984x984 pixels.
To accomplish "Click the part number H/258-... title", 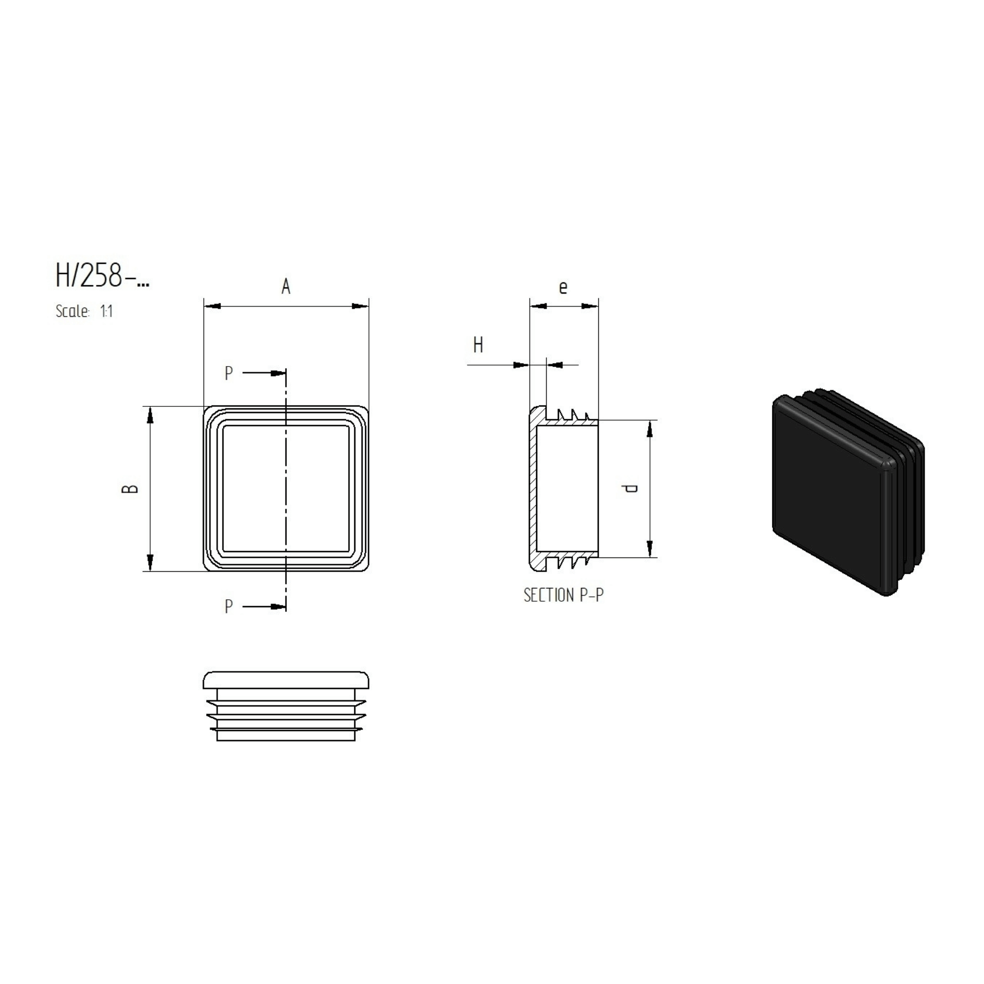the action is click(x=102, y=276).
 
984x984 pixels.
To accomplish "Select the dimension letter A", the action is click(x=286, y=287).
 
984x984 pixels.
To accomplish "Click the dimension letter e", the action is click(x=563, y=288).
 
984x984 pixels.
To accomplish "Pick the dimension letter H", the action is click(x=478, y=345).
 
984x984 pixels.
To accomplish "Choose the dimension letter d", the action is click(x=631, y=489).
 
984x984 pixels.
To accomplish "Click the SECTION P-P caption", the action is click(x=563, y=595).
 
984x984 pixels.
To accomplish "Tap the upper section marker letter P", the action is click(x=229, y=373).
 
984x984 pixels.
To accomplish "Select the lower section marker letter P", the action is click(x=229, y=606).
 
